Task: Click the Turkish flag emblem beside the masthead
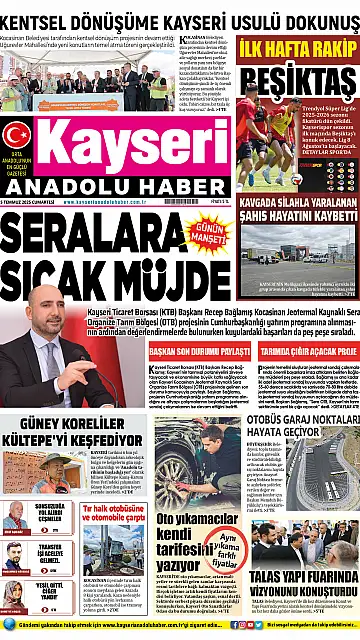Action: (x=16, y=135)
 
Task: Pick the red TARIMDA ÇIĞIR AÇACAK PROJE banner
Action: (x=300, y=352)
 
